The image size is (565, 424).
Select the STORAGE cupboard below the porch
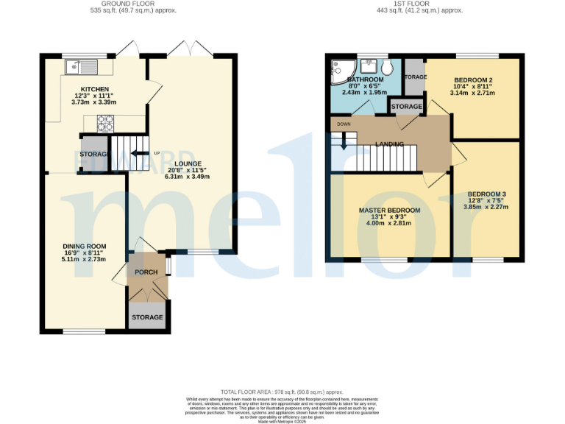[147, 317]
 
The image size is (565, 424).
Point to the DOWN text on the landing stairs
[344, 124]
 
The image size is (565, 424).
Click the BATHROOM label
[366, 79]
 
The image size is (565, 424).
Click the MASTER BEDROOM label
[389, 211]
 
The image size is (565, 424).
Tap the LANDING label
[389, 144]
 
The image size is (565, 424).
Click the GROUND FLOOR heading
[132, 4]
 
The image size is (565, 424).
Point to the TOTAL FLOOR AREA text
[282, 392]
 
